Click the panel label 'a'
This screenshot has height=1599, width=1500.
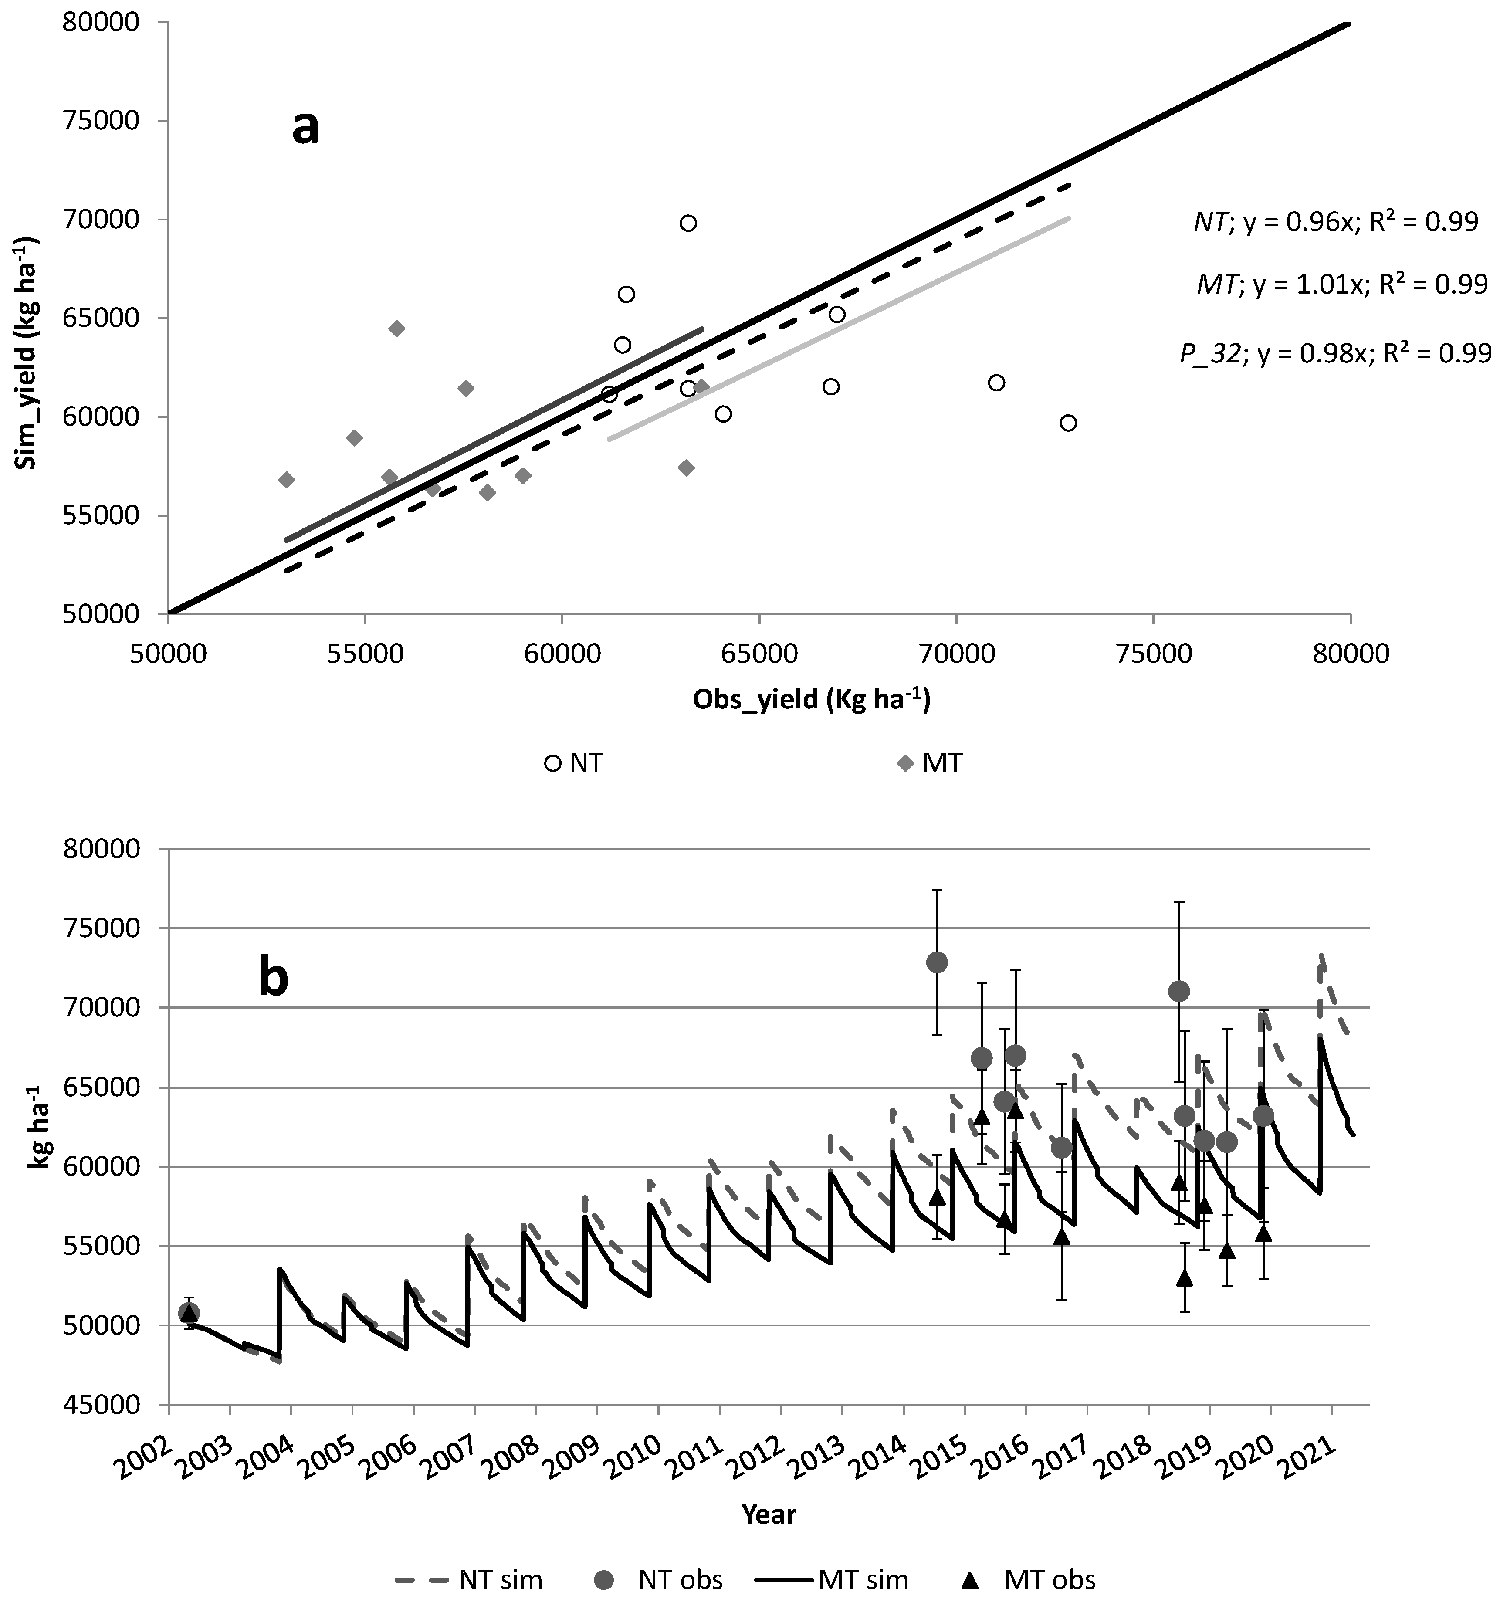coord(305,129)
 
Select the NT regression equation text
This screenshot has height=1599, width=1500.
coord(1335,222)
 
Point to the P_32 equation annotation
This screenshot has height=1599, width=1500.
coord(1335,353)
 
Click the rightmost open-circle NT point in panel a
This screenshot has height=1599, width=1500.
coord(1068,423)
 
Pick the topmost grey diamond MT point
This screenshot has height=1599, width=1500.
coord(396,329)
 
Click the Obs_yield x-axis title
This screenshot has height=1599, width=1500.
coord(811,700)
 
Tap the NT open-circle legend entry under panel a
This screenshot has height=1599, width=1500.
coord(574,762)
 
